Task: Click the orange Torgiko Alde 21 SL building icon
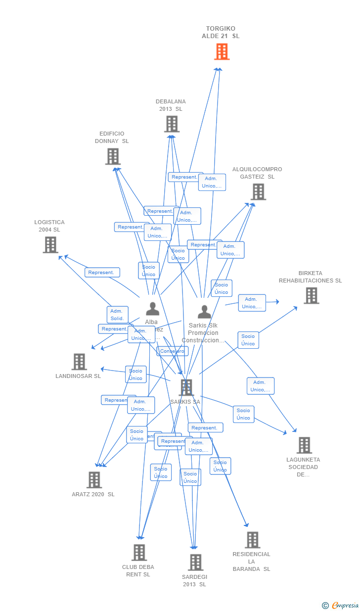point(222,51)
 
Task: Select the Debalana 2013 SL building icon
point(172,124)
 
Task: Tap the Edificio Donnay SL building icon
point(113,156)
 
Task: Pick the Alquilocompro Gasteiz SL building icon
point(258,192)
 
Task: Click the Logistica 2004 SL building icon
point(50,244)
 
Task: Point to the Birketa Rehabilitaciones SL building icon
point(311,295)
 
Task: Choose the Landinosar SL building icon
point(79,362)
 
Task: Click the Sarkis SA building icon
point(186,387)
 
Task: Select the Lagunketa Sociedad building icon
point(304,445)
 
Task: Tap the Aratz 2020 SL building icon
point(94,479)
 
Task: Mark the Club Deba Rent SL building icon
point(139,552)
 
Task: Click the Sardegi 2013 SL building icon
point(195,562)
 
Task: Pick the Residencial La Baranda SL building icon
point(252,540)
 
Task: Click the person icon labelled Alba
point(152,309)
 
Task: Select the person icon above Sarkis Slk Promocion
point(204,312)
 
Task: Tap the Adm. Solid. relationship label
point(117,315)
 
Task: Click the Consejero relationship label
point(172,351)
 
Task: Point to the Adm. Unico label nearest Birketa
point(252,303)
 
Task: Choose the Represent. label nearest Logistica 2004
point(102,273)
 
